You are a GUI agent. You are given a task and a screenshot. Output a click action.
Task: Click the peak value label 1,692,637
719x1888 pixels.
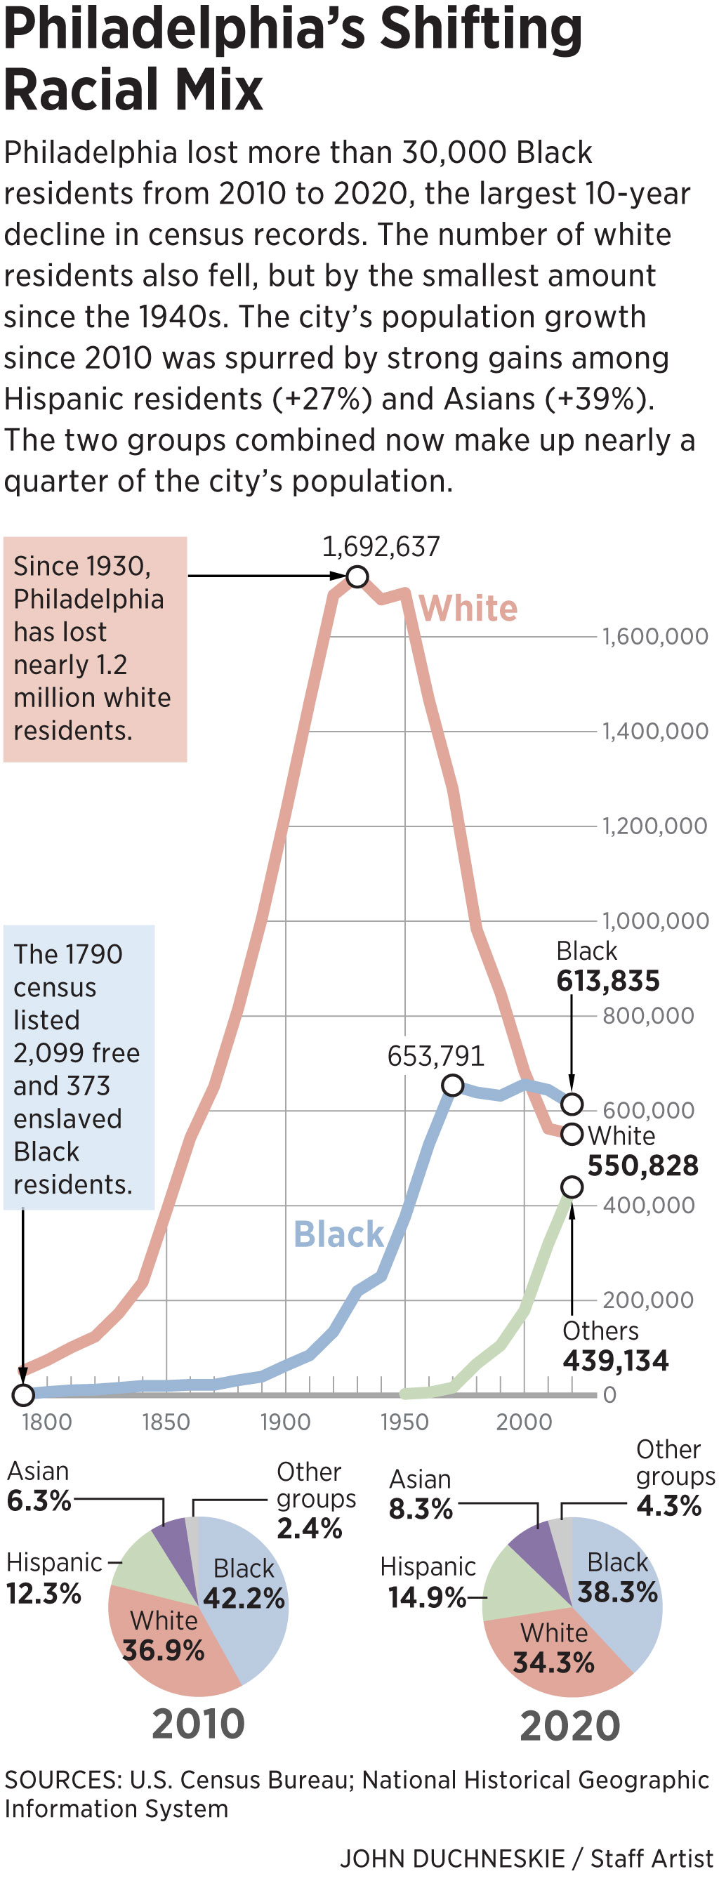click(x=381, y=547)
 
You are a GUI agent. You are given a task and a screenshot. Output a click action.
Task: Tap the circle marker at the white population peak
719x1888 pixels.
click(x=356, y=577)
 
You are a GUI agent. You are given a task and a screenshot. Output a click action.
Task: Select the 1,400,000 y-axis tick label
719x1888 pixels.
click(x=654, y=731)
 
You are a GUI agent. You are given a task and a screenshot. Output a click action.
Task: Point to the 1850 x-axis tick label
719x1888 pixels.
click(x=166, y=1422)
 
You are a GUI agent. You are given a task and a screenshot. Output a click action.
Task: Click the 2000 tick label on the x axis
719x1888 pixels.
click(x=523, y=1422)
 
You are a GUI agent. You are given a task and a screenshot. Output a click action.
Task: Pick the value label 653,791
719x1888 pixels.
click(x=435, y=1056)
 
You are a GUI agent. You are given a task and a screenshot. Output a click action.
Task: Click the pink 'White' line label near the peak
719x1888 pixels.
click(x=468, y=608)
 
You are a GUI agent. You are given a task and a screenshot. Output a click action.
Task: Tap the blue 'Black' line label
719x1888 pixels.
click(x=338, y=1234)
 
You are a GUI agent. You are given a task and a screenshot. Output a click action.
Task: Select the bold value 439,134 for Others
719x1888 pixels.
click(x=615, y=1361)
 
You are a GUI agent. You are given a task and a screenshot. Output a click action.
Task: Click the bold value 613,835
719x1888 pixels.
click(x=607, y=981)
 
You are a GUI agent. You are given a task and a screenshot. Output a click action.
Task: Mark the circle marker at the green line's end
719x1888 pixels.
click(x=572, y=1187)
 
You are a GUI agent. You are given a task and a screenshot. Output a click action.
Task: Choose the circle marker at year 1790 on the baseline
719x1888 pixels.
click(x=22, y=1394)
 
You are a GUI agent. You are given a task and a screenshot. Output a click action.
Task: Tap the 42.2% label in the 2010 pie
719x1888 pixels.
click(x=244, y=1598)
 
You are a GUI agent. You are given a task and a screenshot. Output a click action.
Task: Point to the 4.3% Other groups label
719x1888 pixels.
click(x=668, y=1505)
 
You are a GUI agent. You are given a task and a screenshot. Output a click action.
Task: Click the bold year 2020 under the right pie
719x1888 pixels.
click(x=569, y=1726)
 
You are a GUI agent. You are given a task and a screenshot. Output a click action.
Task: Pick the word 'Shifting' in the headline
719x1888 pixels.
click(x=481, y=29)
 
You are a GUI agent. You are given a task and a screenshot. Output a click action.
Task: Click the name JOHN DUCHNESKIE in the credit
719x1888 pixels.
click(x=451, y=1858)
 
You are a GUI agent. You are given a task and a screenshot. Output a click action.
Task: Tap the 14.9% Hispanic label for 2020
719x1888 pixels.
click(x=427, y=1597)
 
